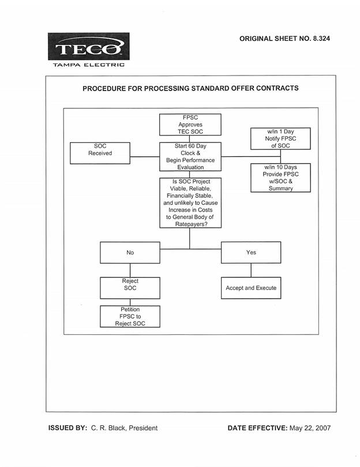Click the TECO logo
click(x=88, y=47)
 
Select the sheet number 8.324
click(x=321, y=39)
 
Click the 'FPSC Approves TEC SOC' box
click(x=190, y=125)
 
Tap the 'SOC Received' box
click(x=100, y=153)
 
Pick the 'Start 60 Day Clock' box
click(x=190, y=157)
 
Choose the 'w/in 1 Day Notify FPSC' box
click(x=280, y=138)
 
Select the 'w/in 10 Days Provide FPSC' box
click(x=280, y=178)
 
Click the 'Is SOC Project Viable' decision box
click(x=190, y=203)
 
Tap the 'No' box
click(x=130, y=253)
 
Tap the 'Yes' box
click(x=251, y=253)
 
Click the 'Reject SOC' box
click(x=130, y=288)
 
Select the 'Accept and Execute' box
click(x=251, y=288)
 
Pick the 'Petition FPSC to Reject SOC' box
click(x=130, y=317)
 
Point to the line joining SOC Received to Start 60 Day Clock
click(x=145, y=157)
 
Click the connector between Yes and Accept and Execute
click(x=251, y=270)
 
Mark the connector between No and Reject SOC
click(x=130, y=270)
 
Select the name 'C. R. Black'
click(x=108, y=428)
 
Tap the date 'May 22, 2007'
click(x=310, y=428)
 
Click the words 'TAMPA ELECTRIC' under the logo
click(x=89, y=65)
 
